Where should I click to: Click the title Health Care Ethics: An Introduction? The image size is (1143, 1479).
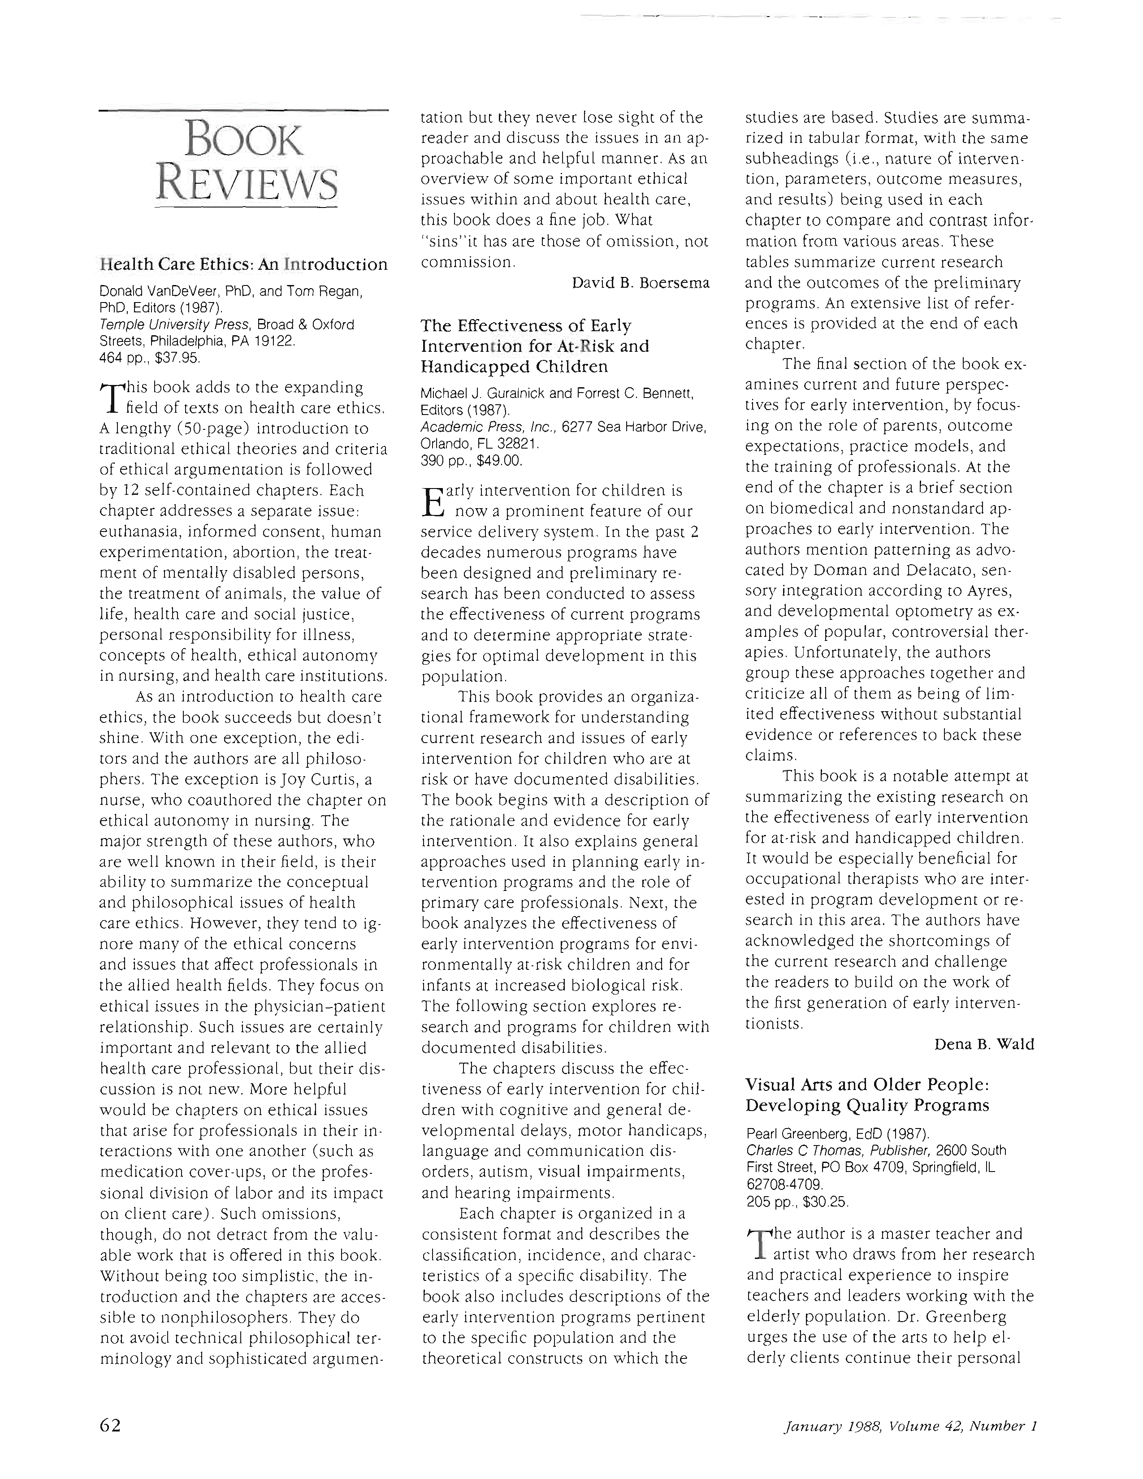click(243, 264)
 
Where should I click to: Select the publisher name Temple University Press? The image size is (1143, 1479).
click(175, 324)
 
